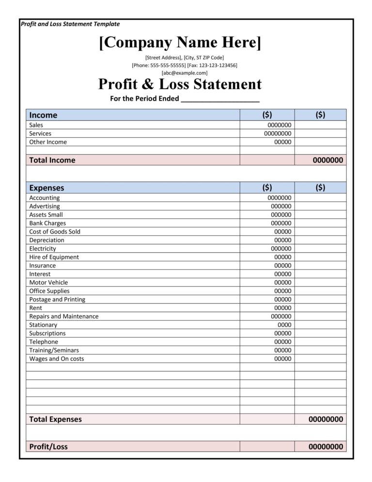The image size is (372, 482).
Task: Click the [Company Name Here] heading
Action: [x=180, y=43]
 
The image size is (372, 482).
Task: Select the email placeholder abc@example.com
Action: [x=185, y=73]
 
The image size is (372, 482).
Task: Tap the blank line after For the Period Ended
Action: [x=220, y=99]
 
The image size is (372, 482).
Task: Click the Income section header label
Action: [x=43, y=115]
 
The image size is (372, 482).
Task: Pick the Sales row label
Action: [x=36, y=125]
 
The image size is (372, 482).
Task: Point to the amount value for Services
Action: [x=278, y=133]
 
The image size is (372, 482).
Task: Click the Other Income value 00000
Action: [x=283, y=142]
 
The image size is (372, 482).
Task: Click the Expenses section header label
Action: [x=46, y=188]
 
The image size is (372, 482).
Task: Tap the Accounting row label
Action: [x=45, y=198]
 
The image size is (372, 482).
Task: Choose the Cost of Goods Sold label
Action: [x=55, y=232]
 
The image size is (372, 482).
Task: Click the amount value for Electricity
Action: [x=281, y=249]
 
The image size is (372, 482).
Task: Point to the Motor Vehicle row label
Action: [x=48, y=283]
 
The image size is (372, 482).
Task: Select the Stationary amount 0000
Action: [x=284, y=325]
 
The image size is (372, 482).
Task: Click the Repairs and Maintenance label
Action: [x=63, y=317]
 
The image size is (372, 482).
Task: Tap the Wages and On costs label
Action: [x=56, y=359]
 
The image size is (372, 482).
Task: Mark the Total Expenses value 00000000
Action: [x=325, y=419]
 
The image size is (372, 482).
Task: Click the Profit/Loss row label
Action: [x=48, y=447]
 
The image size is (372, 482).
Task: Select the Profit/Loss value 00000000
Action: [x=325, y=447]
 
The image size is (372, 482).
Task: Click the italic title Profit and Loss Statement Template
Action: [x=70, y=24]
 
